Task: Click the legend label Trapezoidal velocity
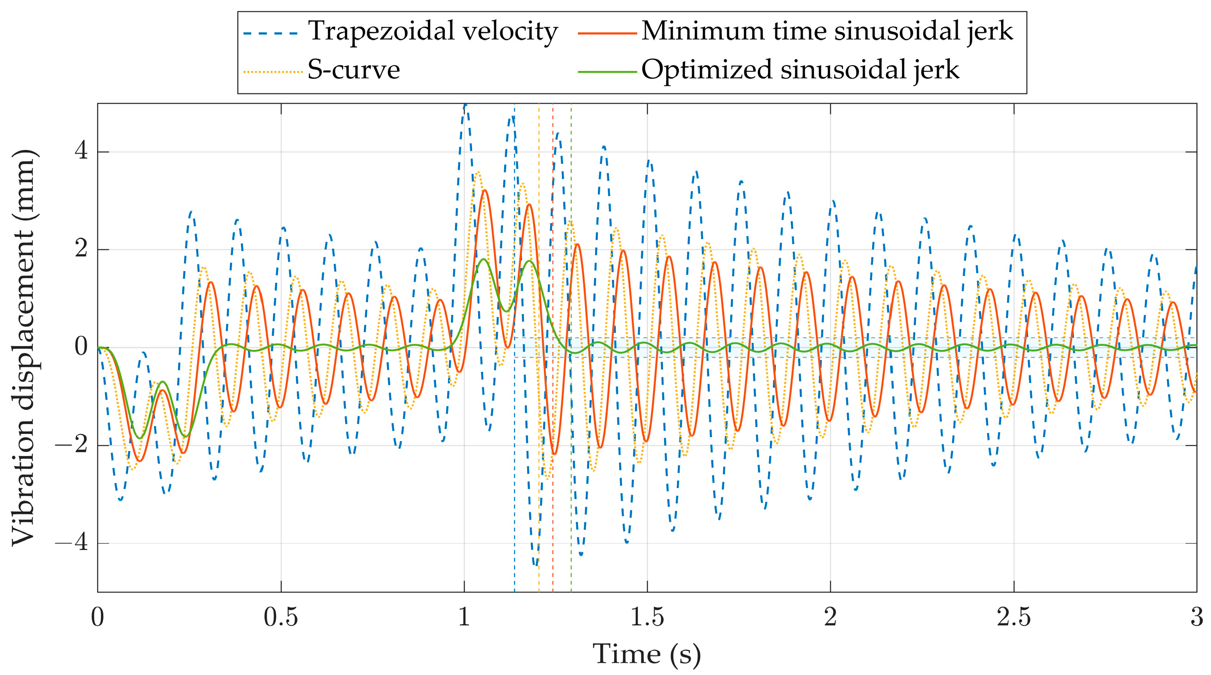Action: click(x=432, y=32)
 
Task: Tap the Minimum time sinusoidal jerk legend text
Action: click(x=827, y=32)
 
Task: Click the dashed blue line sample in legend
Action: click(x=271, y=33)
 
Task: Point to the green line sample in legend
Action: click(x=607, y=72)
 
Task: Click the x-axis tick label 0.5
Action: click(x=281, y=617)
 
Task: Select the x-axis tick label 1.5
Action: click(x=647, y=617)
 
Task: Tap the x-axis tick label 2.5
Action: click(x=1014, y=617)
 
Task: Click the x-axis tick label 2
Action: click(x=830, y=617)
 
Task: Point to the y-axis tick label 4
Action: click(x=81, y=151)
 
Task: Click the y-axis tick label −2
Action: click(x=72, y=445)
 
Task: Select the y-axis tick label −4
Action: click(x=72, y=543)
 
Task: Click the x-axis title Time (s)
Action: click(x=647, y=654)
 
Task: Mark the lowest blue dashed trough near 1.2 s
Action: click(x=536, y=564)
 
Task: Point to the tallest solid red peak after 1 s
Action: click(x=485, y=191)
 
